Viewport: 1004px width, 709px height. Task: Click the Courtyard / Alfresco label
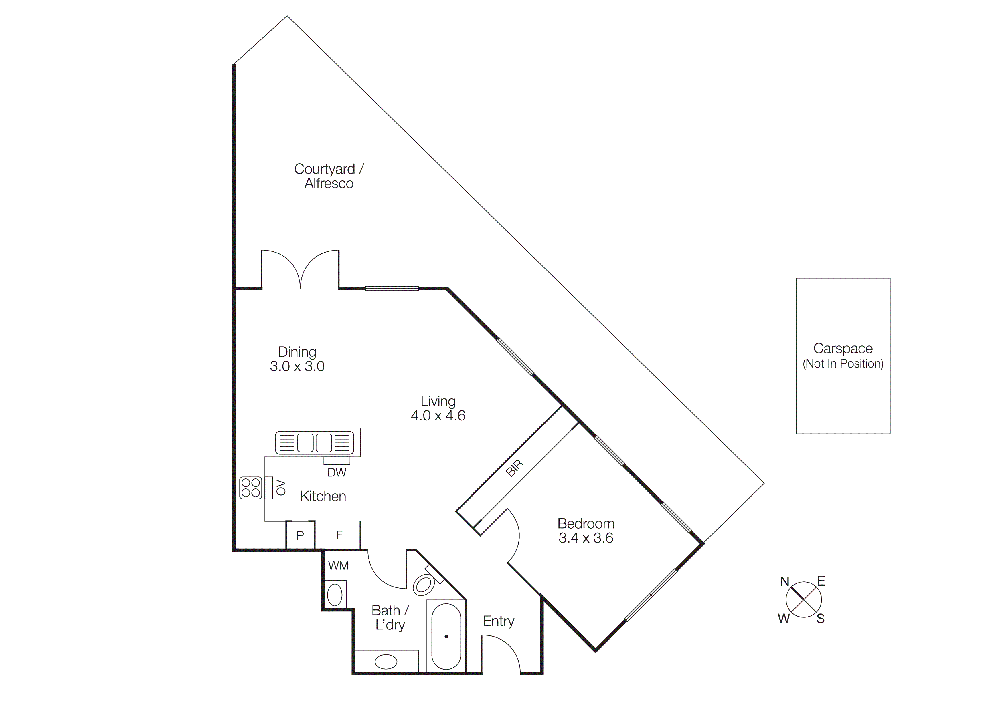coord(329,176)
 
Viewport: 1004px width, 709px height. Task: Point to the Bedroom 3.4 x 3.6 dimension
coord(586,538)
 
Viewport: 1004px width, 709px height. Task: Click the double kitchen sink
coord(315,442)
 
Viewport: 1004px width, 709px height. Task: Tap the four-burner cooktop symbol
coord(250,488)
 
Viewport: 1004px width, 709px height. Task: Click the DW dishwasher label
coord(337,472)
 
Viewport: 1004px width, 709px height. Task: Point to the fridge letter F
coord(339,535)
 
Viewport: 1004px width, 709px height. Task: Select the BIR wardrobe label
coord(514,468)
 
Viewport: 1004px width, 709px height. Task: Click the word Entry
coord(499,621)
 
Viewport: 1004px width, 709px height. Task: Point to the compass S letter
coord(820,619)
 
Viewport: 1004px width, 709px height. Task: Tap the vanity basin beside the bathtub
coord(386,662)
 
